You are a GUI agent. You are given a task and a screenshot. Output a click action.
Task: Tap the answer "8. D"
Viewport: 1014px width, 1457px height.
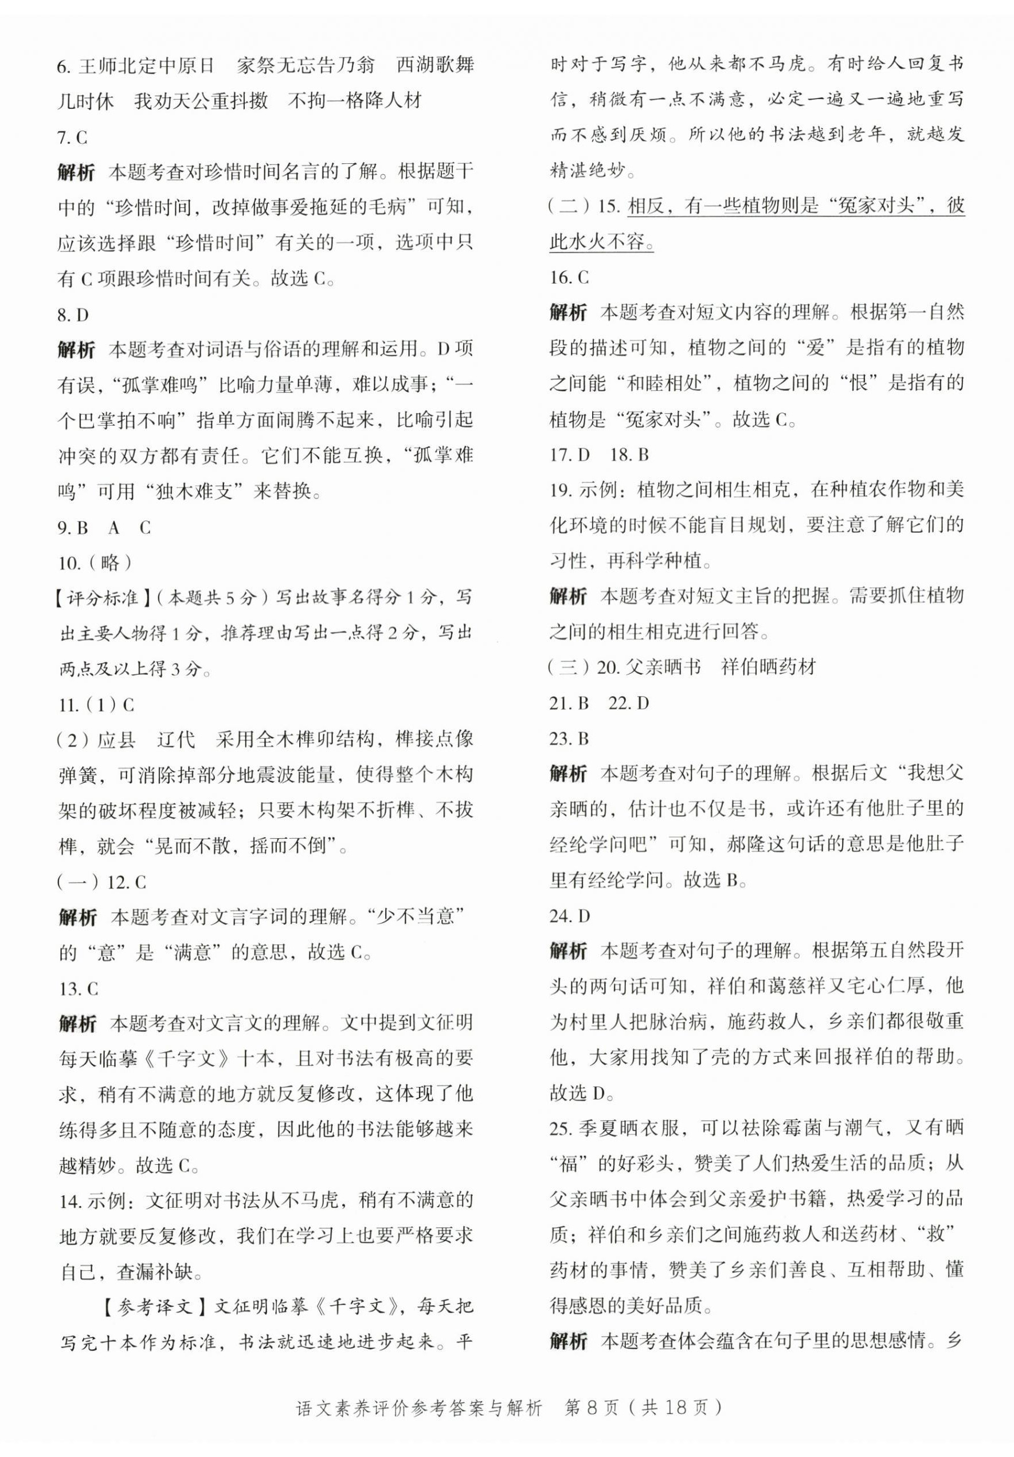coord(72,315)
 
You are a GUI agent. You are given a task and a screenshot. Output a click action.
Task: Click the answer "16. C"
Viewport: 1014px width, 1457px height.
coord(569,277)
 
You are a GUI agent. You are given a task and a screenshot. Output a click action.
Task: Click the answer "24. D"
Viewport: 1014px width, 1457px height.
coord(570,916)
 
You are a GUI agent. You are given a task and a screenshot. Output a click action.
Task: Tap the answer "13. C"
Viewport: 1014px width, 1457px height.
coord(78,989)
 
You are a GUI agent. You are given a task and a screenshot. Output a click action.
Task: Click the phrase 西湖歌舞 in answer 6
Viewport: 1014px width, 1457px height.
coord(435,65)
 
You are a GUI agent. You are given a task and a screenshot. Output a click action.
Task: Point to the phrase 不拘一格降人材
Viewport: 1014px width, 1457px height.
coord(355,100)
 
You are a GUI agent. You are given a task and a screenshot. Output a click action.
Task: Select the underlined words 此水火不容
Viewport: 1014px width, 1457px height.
coord(600,242)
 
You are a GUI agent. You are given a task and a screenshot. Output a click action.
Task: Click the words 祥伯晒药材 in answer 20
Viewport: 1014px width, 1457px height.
coord(768,667)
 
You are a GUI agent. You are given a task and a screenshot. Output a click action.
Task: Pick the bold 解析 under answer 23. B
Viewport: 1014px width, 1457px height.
coord(568,773)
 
